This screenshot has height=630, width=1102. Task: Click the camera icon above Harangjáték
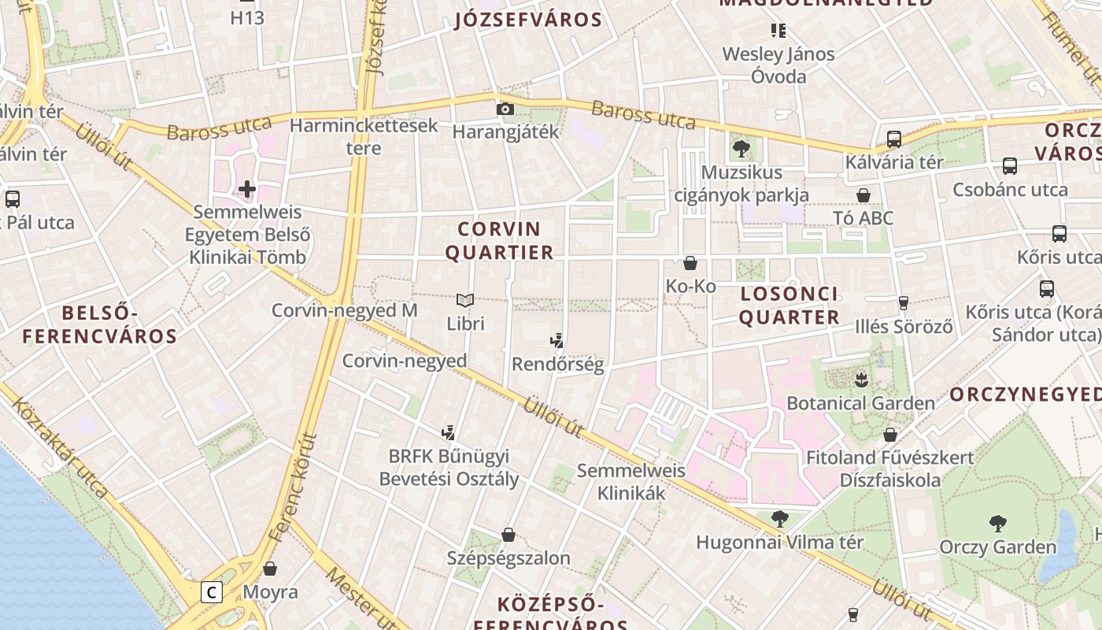pos(505,109)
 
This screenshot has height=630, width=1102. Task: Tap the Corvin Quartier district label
pos(499,241)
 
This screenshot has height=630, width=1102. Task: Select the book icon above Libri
pos(465,300)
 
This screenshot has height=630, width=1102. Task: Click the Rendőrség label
pos(557,364)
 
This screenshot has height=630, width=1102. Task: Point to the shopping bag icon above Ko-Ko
pos(690,263)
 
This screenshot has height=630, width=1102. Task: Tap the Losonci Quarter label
pos(789,306)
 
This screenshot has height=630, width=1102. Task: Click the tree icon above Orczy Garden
pos(997,523)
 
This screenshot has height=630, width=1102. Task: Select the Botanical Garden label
pos(860,403)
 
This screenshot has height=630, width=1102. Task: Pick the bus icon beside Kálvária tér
pos(894,139)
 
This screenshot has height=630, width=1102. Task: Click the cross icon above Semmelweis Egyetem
pos(247,189)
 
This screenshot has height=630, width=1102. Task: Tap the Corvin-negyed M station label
pos(344,310)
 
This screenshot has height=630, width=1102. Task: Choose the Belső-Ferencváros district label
pos(100,325)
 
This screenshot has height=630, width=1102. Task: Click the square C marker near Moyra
pos(211,591)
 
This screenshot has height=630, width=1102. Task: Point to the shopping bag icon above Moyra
pos(270,569)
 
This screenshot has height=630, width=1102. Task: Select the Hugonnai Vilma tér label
pos(780,543)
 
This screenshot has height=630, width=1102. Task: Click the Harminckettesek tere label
pos(363,136)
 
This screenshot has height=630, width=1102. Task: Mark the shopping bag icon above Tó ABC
pos(863,195)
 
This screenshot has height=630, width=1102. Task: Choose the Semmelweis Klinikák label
pos(631,482)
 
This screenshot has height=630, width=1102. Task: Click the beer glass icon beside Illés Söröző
pos(904,302)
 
